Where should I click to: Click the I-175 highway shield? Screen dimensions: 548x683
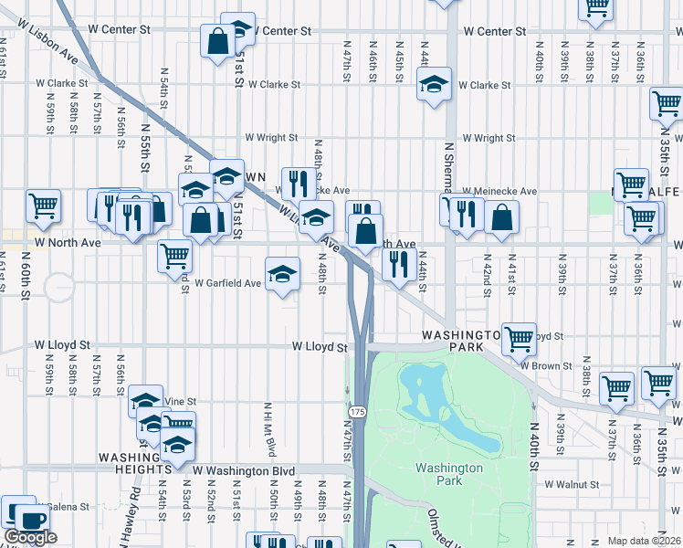pos(357,413)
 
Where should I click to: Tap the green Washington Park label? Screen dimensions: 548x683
pos(448,474)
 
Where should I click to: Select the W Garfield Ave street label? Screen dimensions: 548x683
pos(227,283)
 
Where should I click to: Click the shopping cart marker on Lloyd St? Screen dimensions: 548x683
pos(520,339)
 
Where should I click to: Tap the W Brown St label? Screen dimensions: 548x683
pos(546,365)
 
